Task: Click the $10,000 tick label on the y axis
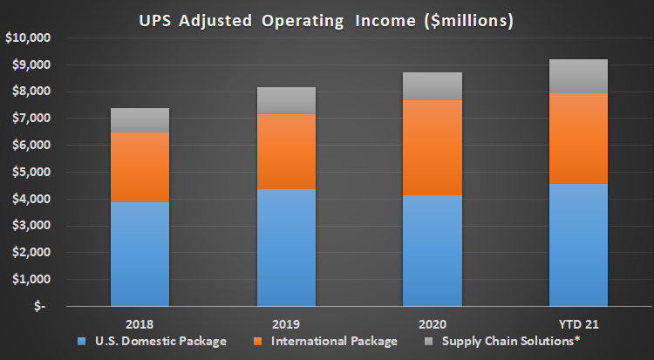tap(28, 38)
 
